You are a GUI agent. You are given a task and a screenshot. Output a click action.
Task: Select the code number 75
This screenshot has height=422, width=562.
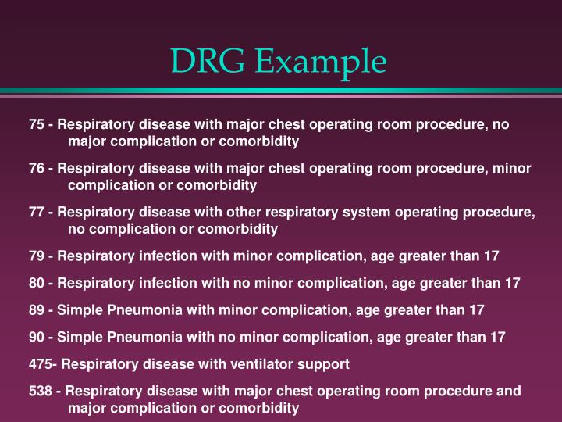coord(37,125)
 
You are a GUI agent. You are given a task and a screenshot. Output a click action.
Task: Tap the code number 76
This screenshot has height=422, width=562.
coord(37,169)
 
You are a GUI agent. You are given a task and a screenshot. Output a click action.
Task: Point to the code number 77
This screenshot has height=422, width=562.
coord(37,213)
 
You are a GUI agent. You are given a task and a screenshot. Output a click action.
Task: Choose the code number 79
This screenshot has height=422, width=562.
coord(37,256)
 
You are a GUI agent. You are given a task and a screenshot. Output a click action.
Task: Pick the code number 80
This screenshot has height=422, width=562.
coord(37,283)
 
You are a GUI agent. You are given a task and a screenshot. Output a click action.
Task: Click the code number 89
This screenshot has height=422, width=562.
coord(37,310)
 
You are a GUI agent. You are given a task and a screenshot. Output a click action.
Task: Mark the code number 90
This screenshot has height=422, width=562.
coord(37,337)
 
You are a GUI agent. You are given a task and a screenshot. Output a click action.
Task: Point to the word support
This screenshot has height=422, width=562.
coord(324,364)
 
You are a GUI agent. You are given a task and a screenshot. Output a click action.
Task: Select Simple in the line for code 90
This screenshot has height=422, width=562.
coord(76,337)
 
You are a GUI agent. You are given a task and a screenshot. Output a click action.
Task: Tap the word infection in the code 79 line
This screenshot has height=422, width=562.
coord(159,256)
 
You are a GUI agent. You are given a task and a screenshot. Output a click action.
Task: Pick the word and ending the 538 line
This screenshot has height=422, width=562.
coord(510,391)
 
